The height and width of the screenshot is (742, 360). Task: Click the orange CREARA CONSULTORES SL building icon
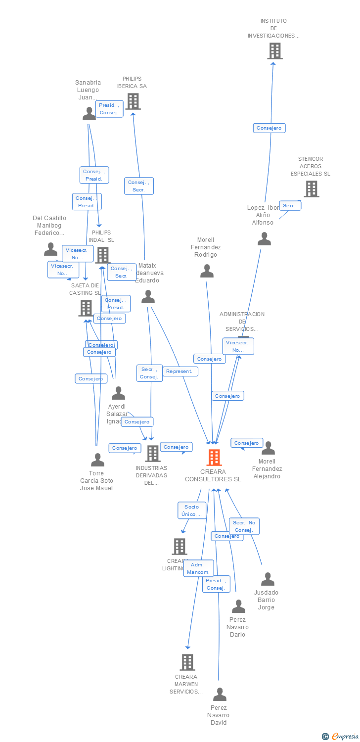[214, 458]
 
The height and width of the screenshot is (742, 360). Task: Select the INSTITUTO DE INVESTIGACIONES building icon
[274, 51]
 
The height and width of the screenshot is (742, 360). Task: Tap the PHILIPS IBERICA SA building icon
[133, 101]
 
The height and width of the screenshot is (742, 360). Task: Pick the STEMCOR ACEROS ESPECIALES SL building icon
[311, 189]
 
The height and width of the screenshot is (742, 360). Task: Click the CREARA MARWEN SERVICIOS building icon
[187, 662]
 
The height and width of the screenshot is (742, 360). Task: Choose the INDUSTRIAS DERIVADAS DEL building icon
[152, 453]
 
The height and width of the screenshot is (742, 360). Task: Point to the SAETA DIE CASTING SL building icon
[86, 308]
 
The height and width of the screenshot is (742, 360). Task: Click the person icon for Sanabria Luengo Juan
[89, 114]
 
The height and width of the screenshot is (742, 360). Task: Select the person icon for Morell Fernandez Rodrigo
[207, 271]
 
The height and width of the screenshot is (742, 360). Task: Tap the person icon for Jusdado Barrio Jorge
[268, 579]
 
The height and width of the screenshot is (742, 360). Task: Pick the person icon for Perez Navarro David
[220, 695]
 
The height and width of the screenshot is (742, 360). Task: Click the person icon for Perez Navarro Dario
[238, 606]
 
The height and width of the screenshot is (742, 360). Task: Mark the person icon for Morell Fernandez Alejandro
[268, 448]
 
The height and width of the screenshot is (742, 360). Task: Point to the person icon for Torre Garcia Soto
[97, 461]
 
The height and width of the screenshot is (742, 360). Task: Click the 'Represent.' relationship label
[180, 371]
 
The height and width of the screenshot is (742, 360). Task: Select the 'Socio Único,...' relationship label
[192, 510]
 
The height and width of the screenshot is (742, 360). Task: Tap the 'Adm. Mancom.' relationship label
[198, 568]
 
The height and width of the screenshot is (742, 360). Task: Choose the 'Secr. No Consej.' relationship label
[244, 526]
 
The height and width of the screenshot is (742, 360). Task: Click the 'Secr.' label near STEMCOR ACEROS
[290, 205]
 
